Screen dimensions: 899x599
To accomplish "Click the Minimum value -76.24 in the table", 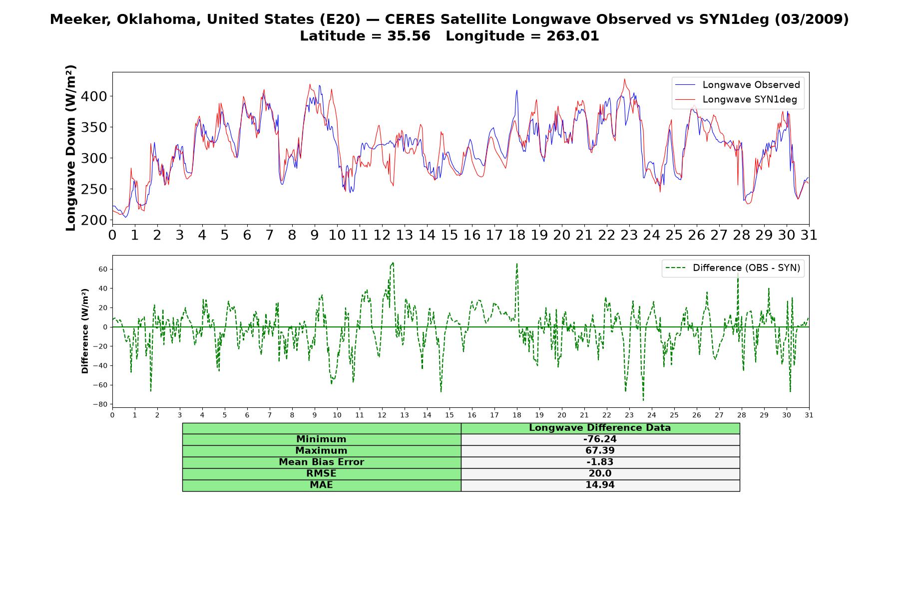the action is (x=600, y=439).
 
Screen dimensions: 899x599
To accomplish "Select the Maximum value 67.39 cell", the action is (x=600, y=451).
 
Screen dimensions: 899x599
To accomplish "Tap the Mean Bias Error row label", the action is (x=321, y=462).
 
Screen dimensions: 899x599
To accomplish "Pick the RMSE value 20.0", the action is (x=600, y=474).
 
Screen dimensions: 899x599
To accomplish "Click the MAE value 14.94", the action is (x=600, y=485).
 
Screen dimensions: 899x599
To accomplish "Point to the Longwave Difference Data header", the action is (x=600, y=428).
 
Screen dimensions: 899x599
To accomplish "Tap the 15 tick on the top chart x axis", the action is (x=449, y=235).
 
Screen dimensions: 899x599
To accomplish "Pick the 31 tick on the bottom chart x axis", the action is (x=809, y=415).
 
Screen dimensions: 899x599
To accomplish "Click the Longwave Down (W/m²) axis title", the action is (x=71, y=148).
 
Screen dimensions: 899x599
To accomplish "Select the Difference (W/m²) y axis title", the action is (x=85, y=331).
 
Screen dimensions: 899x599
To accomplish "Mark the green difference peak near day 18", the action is (x=517, y=264).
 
